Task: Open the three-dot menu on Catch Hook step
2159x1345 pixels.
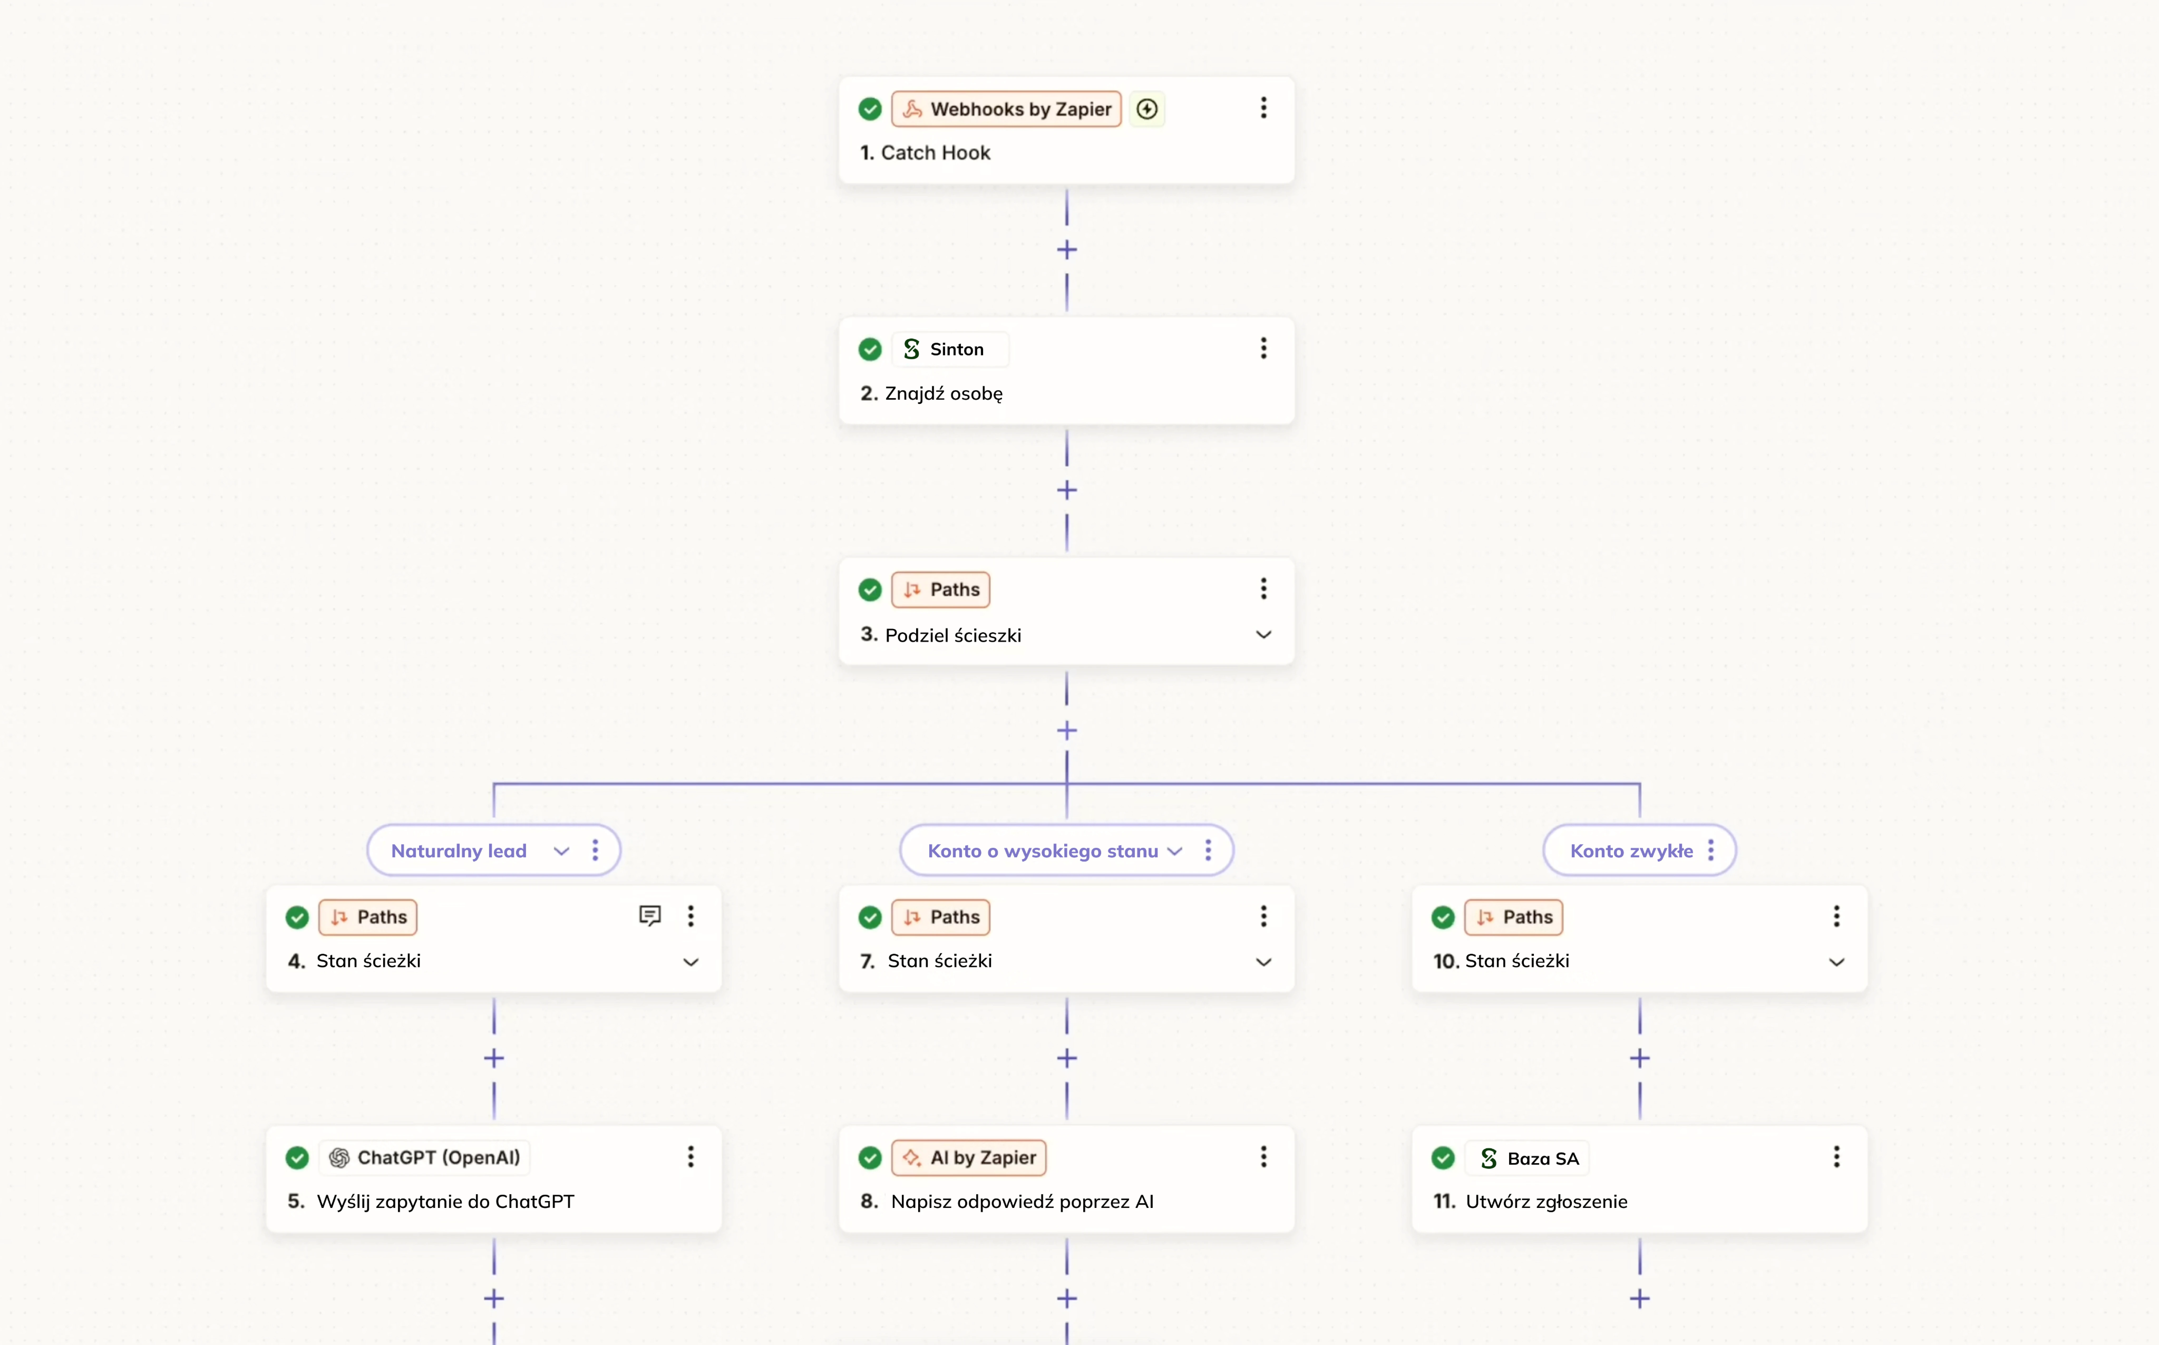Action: click(1263, 109)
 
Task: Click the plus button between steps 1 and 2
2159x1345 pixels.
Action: click(1067, 250)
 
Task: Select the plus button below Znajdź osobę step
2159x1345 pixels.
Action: click(1067, 490)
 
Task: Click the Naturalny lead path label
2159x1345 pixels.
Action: click(459, 851)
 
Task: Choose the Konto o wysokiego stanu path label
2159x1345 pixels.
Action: click(1043, 851)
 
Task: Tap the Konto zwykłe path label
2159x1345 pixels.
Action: click(1632, 851)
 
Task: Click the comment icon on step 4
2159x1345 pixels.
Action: click(650, 916)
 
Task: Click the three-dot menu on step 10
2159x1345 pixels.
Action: click(1836, 916)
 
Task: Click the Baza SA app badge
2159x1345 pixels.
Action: click(1527, 1158)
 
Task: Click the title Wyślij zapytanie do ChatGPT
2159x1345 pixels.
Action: click(445, 1202)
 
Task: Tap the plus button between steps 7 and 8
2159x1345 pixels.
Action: click(1067, 1058)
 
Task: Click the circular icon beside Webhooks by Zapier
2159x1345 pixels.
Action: click(1147, 109)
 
